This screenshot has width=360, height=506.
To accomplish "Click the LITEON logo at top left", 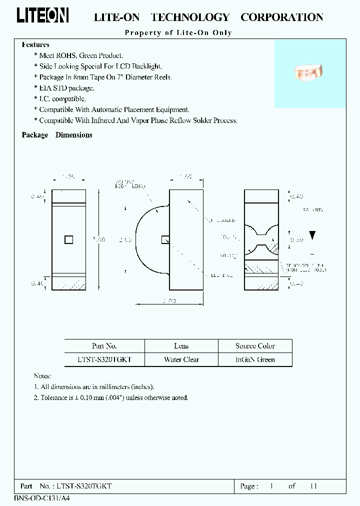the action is click(x=42, y=15).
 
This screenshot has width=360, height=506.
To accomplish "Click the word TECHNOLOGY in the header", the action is click(x=190, y=17).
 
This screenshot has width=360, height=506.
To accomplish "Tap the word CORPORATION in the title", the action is click(x=281, y=17).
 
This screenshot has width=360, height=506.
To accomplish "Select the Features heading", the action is click(x=35, y=45).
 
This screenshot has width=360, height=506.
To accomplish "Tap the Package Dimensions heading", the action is click(x=57, y=135).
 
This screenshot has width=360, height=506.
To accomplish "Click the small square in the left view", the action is click(x=69, y=240).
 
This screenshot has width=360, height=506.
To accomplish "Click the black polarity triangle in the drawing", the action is click(x=312, y=235).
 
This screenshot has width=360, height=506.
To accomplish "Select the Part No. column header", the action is click(x=104, y=346).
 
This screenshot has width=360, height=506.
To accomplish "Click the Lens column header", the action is click(x=181, y=346).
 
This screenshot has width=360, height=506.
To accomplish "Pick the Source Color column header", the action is click(x=255, y=346).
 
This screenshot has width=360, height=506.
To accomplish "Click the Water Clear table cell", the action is click(x=181, y=359).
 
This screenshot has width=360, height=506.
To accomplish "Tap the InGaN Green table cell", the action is click(x=255, y=359).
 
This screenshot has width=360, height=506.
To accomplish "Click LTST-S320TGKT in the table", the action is click(x=104, y=359).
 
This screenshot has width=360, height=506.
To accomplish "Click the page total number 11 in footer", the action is click(x=313, y=486).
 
